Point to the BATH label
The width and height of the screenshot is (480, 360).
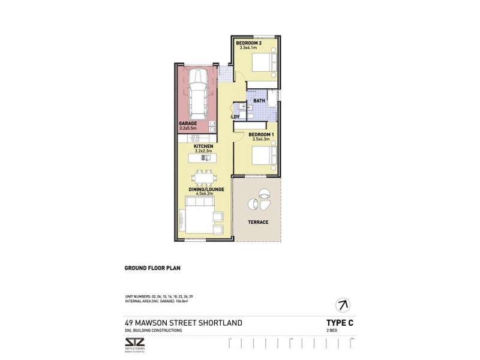click(259, 101)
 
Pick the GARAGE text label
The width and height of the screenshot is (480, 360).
click(188, 124)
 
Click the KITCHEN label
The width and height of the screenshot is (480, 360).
click(202, 146)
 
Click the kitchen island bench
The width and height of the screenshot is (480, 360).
click(202, 158)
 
